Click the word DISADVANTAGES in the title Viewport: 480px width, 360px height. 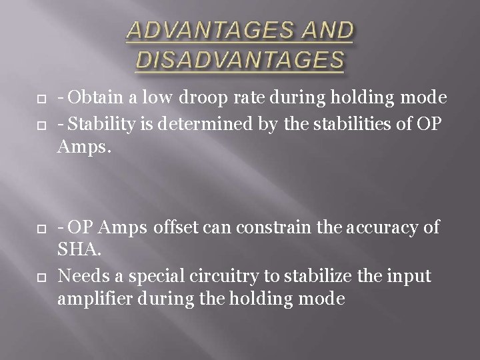point(240,61)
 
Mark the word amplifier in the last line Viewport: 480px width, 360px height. point(91,300)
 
